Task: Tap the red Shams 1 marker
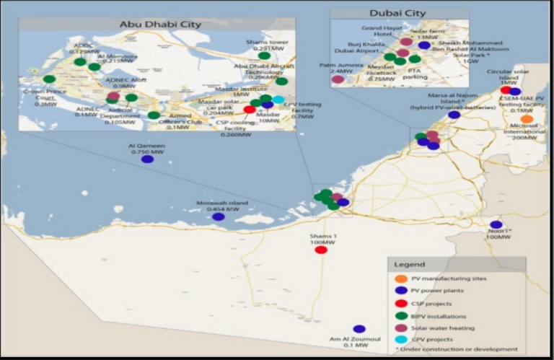click(x=321, y=250)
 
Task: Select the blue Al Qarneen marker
click(x=147, y=159)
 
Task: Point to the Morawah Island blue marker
click(x=218, y=216)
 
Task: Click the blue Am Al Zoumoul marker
click(x=359, y=329)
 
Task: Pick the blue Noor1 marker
click(x=496, y=224)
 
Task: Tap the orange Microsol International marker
click(x=527, y=119)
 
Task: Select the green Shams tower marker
click(x=264, y=56)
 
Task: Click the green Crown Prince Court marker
click(x=49, y=79)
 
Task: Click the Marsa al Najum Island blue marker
click(x=454, y=114)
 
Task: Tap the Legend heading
click(x=408, y=265)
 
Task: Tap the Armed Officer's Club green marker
click(x=154, y=115)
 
